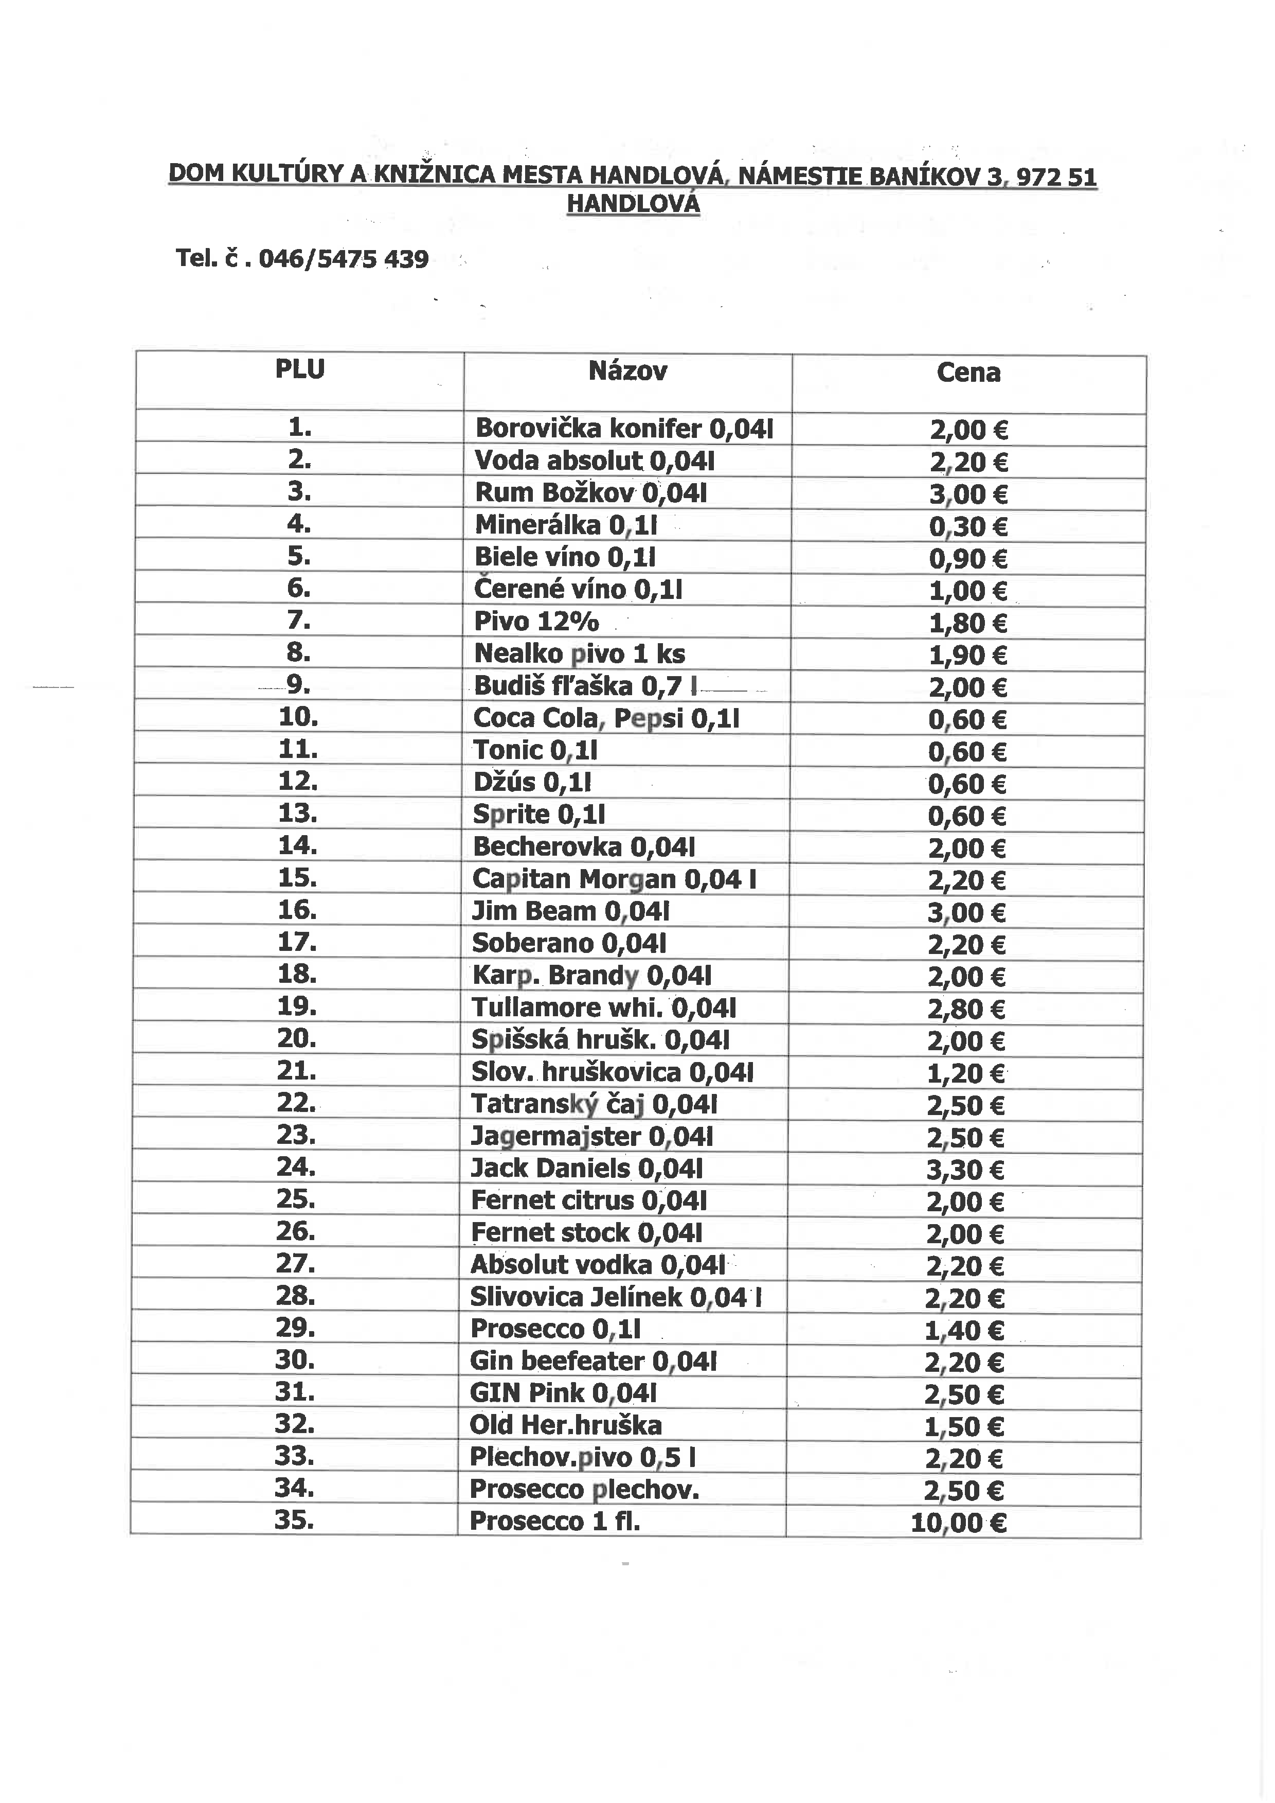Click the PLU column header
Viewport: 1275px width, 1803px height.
[299, 369]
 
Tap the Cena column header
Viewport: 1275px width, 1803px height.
[968, 373]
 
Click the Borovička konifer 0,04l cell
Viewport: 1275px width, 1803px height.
[624, 428]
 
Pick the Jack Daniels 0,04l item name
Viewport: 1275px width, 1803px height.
[586, 1169]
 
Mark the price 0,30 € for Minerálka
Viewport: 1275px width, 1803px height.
[967, 527]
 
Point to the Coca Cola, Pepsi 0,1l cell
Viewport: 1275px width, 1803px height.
[606, 718]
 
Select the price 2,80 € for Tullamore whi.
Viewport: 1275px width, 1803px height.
[966, 1009]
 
